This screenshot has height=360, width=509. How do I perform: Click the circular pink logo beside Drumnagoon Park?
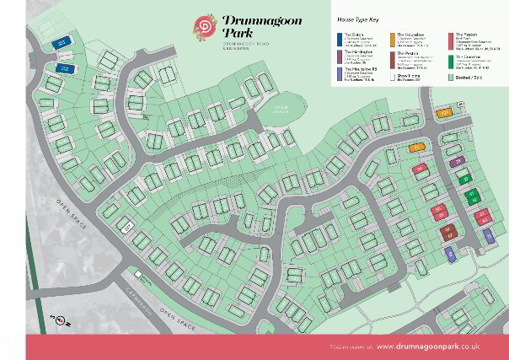coord(206,25)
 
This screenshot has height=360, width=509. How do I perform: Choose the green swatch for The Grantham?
coord(451,60)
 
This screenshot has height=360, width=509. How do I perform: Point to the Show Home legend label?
coord(408,75)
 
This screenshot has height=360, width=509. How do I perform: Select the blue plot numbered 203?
coord(61,41)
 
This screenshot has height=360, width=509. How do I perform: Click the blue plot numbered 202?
coord(63,67)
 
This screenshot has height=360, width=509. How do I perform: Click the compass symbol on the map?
coord(59,319)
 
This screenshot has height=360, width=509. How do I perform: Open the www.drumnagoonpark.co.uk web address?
coord(428,347)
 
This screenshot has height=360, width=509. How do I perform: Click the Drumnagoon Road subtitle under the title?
coord(250,43)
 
